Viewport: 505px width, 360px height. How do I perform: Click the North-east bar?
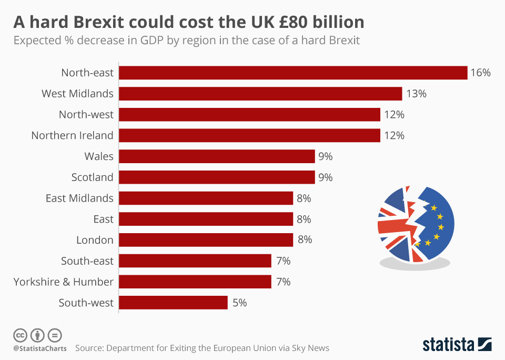tap(292, 73)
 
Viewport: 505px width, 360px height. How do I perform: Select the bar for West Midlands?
tap(260, 94)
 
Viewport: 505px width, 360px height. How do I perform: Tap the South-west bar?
tap(173, 303)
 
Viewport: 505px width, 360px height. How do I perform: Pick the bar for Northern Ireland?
tap(249, 135)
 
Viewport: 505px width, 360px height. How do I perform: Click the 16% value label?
tap(480, 73)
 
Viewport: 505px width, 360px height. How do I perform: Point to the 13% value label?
tap(416, 94)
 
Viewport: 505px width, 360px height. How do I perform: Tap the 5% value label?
tap(239, 303)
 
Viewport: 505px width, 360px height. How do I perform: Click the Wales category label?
tap(98, 156)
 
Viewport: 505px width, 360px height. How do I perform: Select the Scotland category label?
tap(92, 177)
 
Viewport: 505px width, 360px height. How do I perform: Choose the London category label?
tap(95, 240)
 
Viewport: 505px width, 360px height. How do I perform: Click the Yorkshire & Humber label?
tap(63, 282)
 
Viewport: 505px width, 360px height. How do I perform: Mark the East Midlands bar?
tap(206, 198)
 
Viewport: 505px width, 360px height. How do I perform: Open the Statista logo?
tap(457, 345)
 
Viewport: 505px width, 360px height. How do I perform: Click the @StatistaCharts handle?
tap(39, 348)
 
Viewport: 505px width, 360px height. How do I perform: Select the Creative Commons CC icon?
tap(20, 335)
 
